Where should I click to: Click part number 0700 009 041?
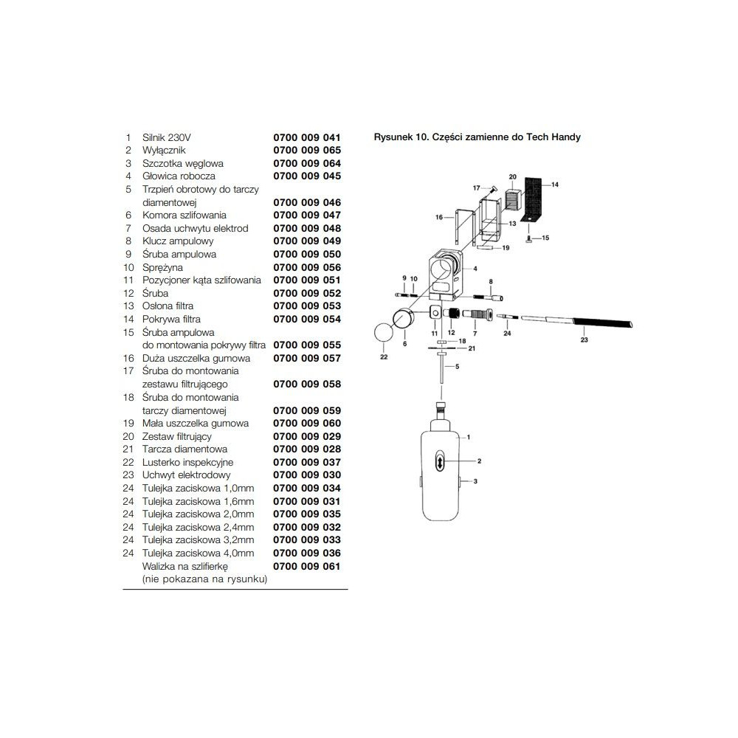click(307, 137)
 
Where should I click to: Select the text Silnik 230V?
click(167, 137)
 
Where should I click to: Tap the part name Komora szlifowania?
click(184, 215)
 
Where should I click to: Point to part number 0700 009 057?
click(307, 358)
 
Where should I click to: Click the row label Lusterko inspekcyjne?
click(187, 462)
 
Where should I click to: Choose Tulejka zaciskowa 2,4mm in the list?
click(198, 527)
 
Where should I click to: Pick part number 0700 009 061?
click(307, 566)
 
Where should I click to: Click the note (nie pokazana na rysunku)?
click(204, 579)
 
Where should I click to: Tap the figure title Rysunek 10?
click(400, 137)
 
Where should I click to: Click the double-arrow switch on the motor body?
click(440, 461)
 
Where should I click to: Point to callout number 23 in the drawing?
click(584, 339)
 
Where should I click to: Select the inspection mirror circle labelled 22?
click(384, 332)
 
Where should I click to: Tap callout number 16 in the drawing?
click(439, 217)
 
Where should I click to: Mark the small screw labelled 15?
click(529, 240)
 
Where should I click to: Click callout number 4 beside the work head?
click(475, 269)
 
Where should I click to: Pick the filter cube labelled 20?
click(513, 201)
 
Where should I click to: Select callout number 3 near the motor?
click(475, 481)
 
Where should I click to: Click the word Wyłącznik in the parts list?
click(164, 151)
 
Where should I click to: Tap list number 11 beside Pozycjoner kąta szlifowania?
click(128, 280)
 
